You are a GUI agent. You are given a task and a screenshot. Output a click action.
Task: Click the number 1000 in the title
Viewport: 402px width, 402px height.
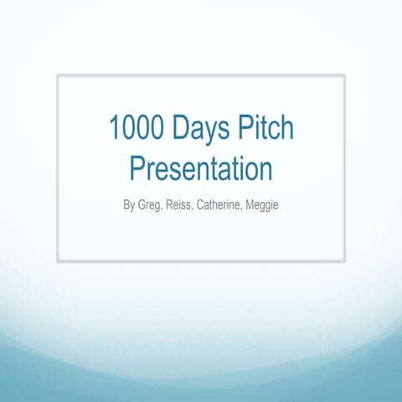point(136,130)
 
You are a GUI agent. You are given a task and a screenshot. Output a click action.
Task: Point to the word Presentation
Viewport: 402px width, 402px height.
point(201,168)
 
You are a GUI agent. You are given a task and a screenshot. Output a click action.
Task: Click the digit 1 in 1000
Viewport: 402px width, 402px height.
point(114,130)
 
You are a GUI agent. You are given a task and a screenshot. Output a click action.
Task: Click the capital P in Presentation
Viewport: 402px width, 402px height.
point(137,168)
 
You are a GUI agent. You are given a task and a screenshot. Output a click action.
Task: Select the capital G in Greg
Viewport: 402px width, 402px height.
point(142,204)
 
